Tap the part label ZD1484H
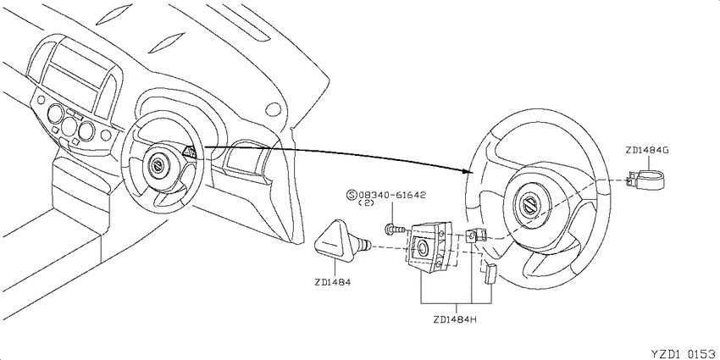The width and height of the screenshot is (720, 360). coord(455,319)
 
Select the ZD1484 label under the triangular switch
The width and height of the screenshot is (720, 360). coord(333,282)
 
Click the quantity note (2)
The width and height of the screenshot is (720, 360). coord(367,202)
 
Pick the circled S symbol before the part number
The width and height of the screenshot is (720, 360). coord(352,195)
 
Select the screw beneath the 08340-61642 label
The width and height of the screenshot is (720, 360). coord(395,227)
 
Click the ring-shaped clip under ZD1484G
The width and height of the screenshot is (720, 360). coord(647,179)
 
